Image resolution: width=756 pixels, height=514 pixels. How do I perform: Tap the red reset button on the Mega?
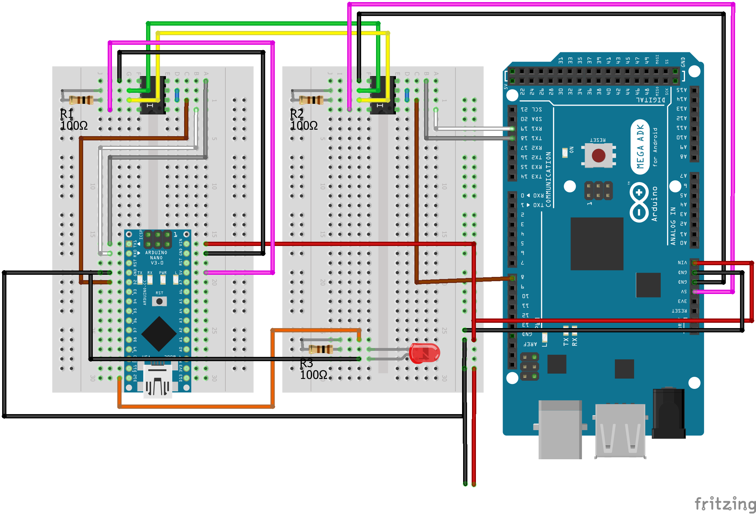[x=599, y=155]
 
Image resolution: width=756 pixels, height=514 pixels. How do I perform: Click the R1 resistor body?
[x=81, y=100]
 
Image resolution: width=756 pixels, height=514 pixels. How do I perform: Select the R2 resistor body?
[x=311, y=100]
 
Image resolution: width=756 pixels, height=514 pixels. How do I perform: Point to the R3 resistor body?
[x=321, y=349]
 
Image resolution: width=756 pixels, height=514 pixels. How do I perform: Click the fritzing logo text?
[x=725, y=504]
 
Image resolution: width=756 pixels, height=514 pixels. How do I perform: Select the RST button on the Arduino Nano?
[x=159, y=301]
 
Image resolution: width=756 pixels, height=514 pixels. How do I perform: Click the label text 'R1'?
[x=66, y=114]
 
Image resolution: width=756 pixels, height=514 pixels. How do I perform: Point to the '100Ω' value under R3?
[x=313, y=375]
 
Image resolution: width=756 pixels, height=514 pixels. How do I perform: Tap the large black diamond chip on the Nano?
[x=159, y=334]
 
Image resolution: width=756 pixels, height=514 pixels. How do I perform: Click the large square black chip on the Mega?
[x=597, y=244]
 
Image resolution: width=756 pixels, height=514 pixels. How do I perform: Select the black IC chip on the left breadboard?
[x=153, y=95]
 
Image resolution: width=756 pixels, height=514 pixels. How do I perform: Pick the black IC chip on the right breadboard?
[x=383, y=95]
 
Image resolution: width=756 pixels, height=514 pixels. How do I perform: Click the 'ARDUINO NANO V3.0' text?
[x=156, y=258]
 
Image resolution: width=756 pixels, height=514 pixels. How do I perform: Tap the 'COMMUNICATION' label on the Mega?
[x=548, y=179]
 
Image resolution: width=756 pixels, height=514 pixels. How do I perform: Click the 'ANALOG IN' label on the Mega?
[x=673, y=226]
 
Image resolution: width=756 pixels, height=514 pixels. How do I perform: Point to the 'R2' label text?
[x=297, y=114]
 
